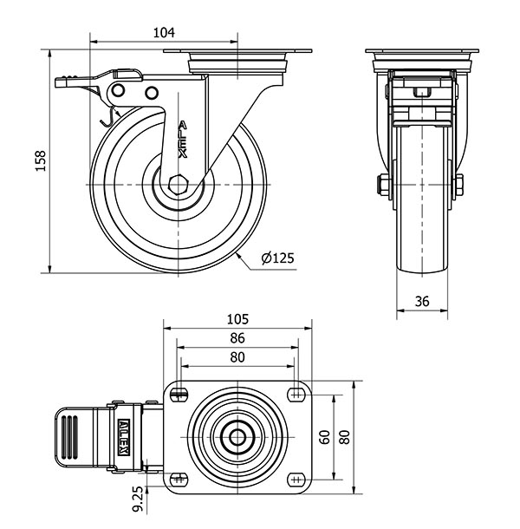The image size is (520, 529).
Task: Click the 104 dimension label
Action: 164,32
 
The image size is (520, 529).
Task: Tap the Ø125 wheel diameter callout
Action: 277,258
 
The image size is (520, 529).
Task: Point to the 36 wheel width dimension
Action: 422,302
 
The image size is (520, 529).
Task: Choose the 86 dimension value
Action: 237,337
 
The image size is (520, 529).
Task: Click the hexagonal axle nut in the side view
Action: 179,186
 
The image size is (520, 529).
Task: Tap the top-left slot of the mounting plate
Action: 179,396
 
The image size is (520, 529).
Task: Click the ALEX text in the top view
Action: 125,436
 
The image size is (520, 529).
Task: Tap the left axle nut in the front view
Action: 381,185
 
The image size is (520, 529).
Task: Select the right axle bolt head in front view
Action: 458,185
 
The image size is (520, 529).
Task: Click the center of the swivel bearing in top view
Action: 237,437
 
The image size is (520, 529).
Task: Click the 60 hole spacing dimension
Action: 324,437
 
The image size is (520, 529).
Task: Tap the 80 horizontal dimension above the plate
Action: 237,356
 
